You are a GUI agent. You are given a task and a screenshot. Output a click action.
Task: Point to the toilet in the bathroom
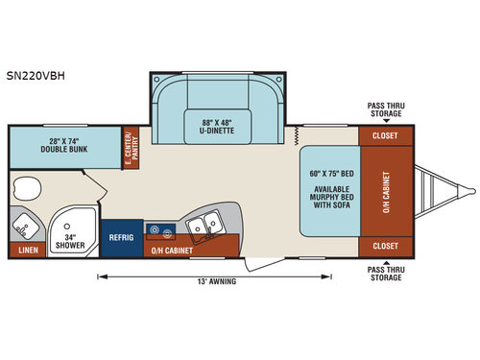pyautogui.click(x=28, y=185)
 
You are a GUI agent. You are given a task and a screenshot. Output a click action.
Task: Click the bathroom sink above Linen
pyautogui.click(x=24, y=228)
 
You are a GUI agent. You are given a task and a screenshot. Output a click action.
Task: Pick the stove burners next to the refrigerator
pyautogui.click(x=157, y=229)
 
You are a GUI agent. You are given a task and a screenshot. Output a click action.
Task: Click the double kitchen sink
pyautogui.click(x=204, y=227)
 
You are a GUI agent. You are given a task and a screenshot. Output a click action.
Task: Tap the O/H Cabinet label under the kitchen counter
pyautogui.click(x=173, y=251)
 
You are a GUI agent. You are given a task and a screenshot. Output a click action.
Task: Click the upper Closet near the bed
pyautogui.click(x=384, y=136)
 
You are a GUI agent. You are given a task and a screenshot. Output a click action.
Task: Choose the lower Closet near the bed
pyautogui.click(x=384, y=246)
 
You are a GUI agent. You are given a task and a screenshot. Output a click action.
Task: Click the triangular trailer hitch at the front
pyautogui.click(x=437, y=192)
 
